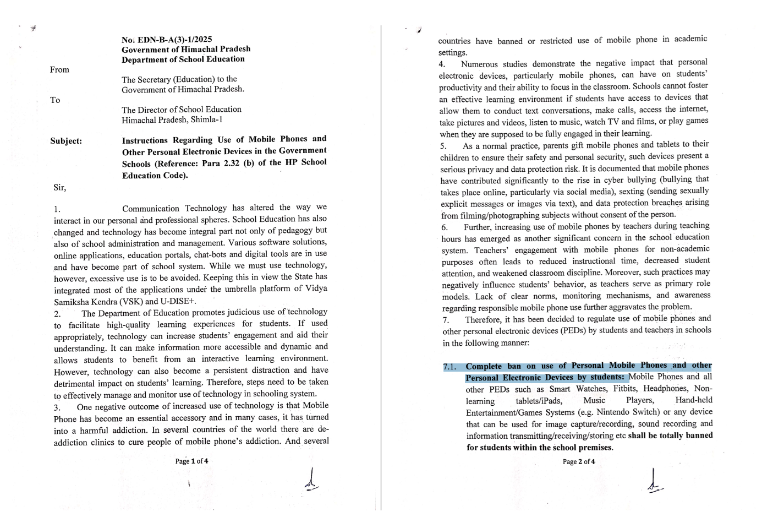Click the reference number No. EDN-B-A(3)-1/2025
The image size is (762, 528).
(x=167, y=40)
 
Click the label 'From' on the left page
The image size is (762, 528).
(x=59, y=69)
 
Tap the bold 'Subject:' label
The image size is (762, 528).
(x=66, y=141)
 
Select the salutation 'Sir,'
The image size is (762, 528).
(x=59, y=188)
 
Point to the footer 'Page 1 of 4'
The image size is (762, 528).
(x=191, y=461)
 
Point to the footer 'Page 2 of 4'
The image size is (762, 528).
(x=579, y=461)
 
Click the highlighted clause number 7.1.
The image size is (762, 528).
(x=451, y=367)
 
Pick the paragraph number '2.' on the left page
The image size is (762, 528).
(x=57, y=314)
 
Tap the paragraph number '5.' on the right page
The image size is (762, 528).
(x=443, y=146)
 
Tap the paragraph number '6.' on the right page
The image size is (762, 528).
(x=445, y=227)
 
